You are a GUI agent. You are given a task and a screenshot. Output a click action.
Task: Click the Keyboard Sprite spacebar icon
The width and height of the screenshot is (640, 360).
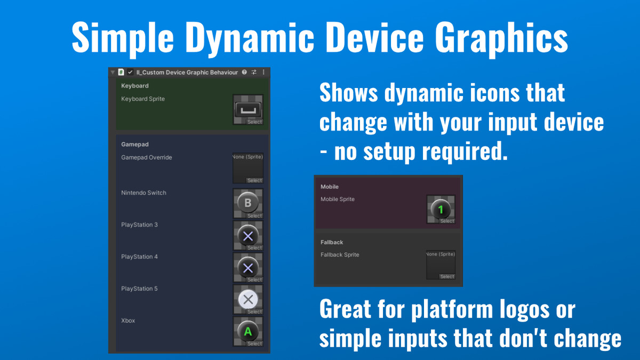pos(248,109)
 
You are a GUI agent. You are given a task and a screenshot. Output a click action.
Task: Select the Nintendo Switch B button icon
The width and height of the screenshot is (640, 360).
pos(248,203)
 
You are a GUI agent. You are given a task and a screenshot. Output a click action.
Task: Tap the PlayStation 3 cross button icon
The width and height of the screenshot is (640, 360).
pos(248,236)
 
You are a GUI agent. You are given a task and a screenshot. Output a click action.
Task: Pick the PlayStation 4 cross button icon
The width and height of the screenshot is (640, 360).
pos(248,268)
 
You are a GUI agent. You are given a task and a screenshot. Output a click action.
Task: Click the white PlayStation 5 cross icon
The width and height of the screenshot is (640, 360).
pos(248,299)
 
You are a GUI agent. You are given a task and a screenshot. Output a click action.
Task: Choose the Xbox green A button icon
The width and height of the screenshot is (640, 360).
pos(248,332)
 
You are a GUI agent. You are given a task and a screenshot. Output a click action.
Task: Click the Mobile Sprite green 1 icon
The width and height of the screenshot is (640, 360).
pos(441,210)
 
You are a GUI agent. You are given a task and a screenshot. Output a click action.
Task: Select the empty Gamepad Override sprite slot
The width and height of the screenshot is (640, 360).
pos(248,168)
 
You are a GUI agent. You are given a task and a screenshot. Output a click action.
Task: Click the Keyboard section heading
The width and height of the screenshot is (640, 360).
pos(135,86)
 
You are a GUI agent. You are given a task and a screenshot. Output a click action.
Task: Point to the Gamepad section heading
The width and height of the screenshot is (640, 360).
pos(135,145)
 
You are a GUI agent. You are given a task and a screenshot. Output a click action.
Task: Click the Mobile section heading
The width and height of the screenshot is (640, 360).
pos(330,187)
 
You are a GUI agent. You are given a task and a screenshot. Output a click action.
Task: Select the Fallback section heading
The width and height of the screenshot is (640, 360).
pos(332,243)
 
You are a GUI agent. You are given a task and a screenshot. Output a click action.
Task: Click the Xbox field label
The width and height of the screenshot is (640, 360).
pos(128,321)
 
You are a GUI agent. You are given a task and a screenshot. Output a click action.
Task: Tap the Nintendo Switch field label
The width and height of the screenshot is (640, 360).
pos(143,193)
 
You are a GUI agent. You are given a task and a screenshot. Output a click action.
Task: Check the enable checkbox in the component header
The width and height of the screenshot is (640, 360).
pos(131,72)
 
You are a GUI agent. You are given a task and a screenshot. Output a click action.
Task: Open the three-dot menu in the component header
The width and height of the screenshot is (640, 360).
pos(263,72)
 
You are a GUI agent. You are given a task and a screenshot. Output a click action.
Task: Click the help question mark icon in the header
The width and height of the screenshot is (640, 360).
pos(244,72)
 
